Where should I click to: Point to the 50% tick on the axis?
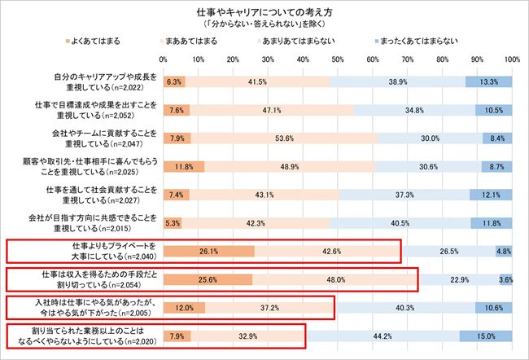pos(337,59)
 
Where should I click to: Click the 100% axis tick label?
pos(512,59)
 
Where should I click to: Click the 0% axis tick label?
pos(164,59)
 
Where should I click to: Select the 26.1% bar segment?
pos(209,251)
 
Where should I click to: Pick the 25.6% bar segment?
pos(208,279)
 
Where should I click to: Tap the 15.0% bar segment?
pos(486,336)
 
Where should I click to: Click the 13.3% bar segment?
pos(489,81)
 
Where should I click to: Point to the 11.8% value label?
pos(492,222)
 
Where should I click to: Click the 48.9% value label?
pos(289,166)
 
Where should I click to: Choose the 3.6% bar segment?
pos(505,279)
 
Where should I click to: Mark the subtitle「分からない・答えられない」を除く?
pos(264,24)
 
